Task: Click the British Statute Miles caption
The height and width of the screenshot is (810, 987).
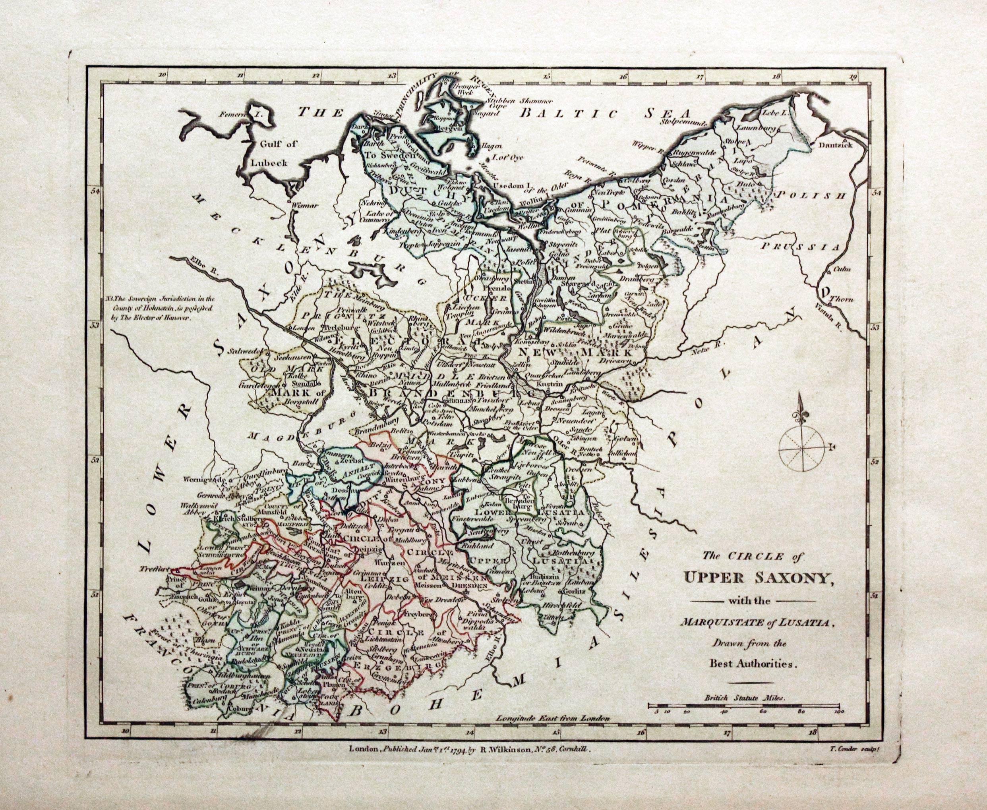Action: tap(745, 711)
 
